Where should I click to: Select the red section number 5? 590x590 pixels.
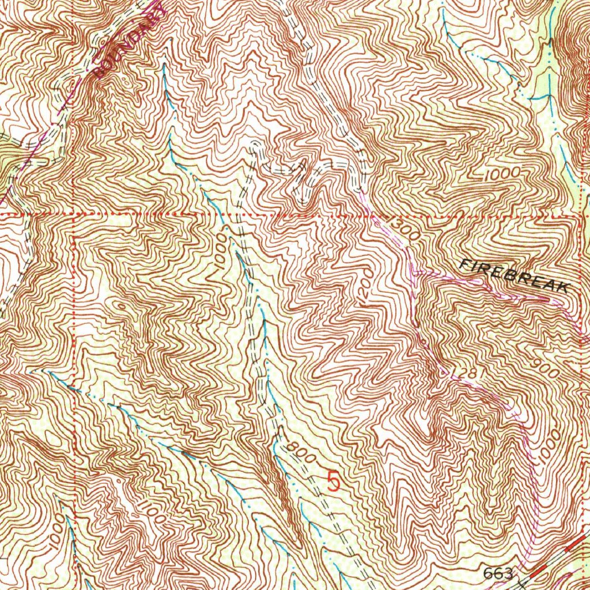point(334,480)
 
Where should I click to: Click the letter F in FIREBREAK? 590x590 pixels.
point(464,265)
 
